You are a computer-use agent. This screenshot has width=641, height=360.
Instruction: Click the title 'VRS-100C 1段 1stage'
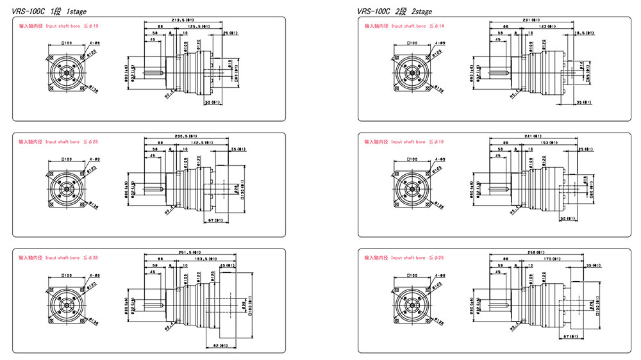[x=49, y=10]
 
